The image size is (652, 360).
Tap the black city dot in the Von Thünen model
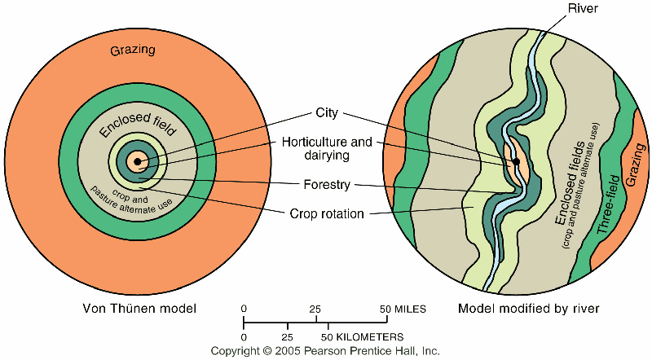point(137,162)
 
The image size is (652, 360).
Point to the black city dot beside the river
point(516,161)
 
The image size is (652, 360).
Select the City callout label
point(326,113)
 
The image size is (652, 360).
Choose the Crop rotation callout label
point(326,214)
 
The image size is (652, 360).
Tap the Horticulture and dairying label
point(326,148)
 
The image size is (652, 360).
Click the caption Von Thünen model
point(141,309)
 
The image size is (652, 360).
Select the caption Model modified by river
point(529,309)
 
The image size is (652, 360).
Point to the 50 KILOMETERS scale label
point(364,336)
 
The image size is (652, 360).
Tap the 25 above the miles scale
point(316,309)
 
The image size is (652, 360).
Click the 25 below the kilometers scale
point(287,336)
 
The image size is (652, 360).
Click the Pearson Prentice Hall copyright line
point(325,350)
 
